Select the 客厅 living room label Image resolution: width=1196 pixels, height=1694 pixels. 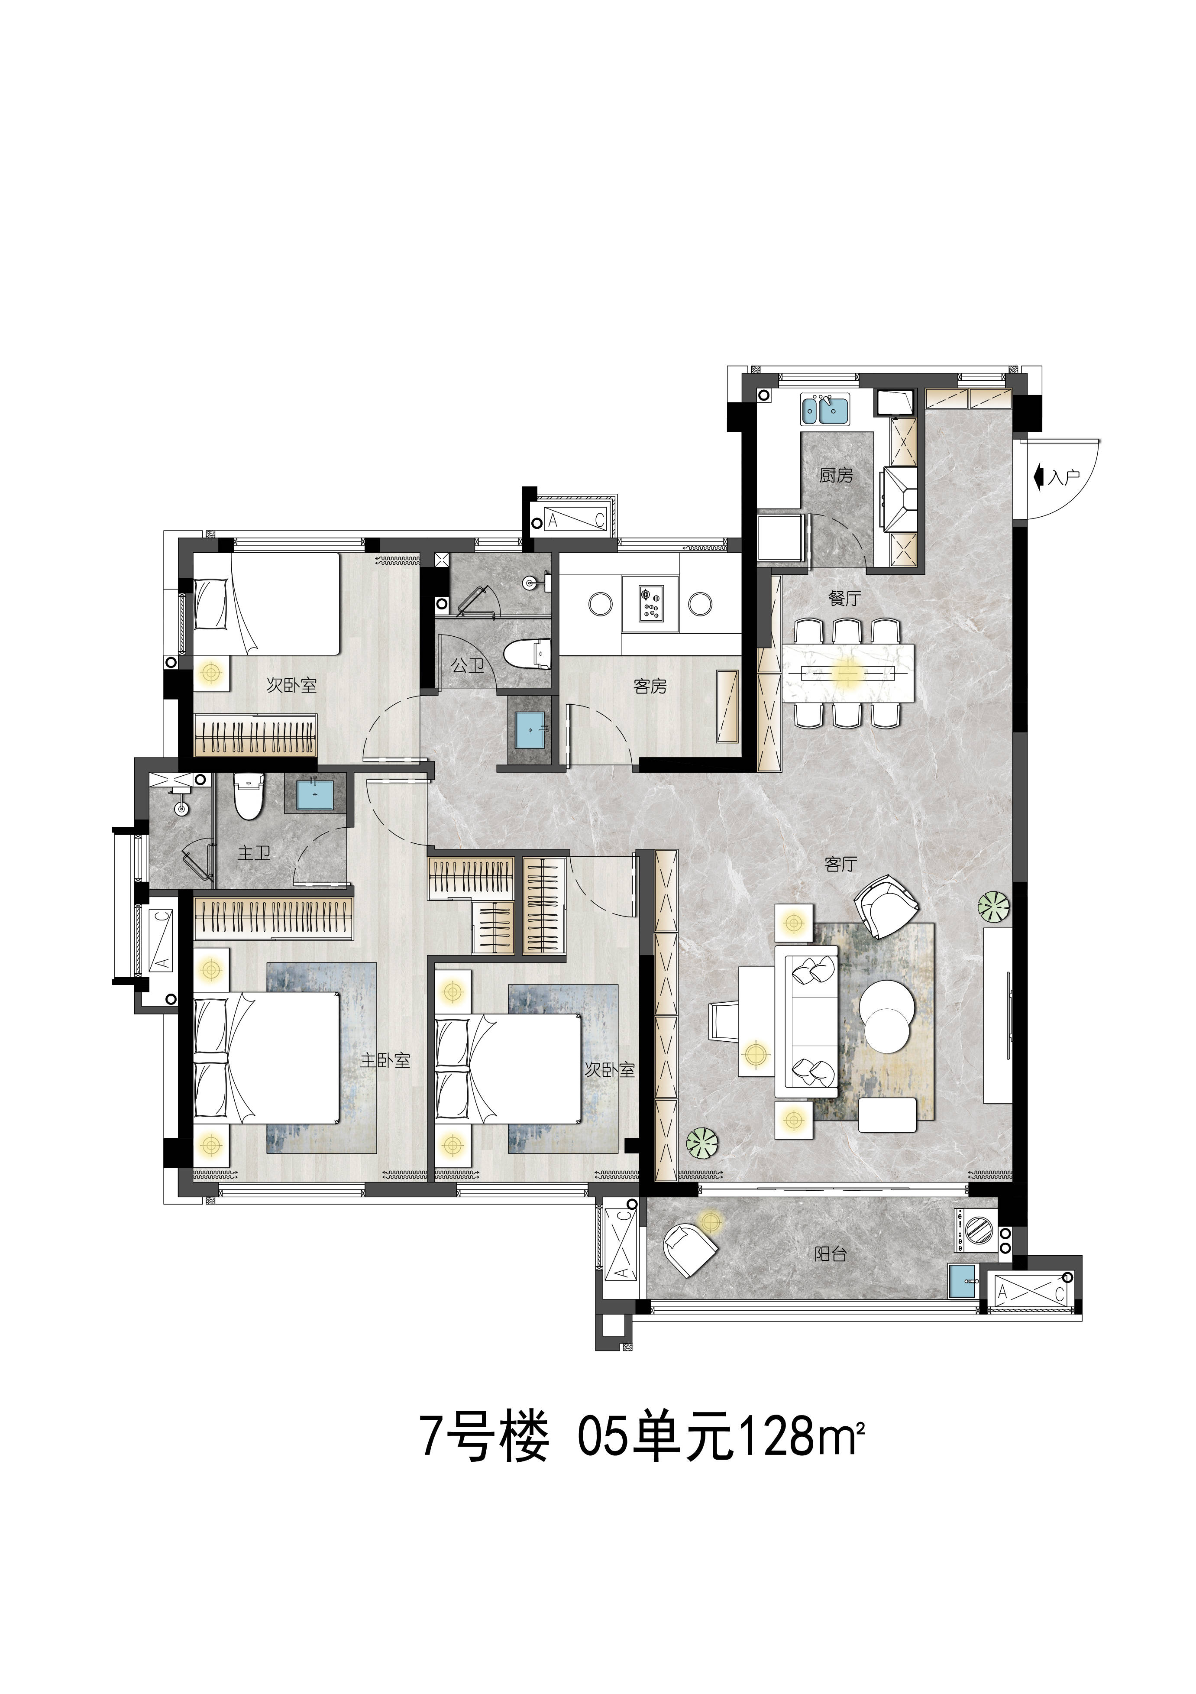point(840,864)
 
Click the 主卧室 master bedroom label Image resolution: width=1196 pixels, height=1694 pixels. point(385,1061)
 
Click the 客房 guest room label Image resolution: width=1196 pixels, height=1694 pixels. point(650,687)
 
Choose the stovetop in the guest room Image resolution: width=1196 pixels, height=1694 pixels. point(651,603)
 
